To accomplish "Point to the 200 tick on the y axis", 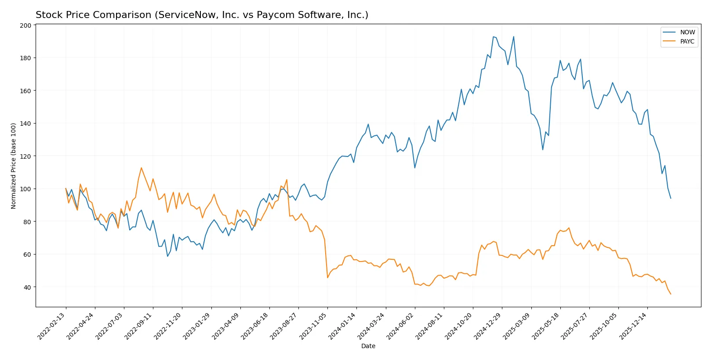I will [25, 25].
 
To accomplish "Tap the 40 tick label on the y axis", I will [27, 287].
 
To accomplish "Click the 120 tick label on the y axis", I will [25, 156].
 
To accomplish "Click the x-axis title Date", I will [368, 346].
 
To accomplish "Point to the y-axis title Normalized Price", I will [14, 166].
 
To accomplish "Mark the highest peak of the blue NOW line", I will [493, 36].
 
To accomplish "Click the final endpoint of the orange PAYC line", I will [671, 294].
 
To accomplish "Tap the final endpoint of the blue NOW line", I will [671, 198].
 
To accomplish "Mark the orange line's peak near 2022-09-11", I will [141, 167].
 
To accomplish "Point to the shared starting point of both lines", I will [66, 189].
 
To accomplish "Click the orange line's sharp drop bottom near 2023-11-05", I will [327, 277].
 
